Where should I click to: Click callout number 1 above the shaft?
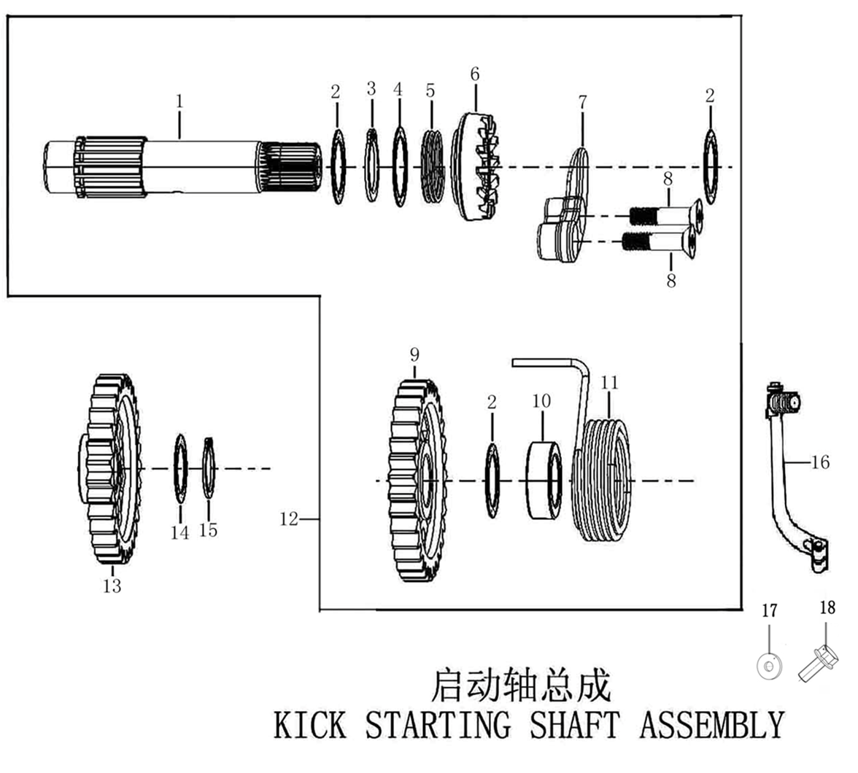point(179,101)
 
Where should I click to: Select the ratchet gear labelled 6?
point(476,167)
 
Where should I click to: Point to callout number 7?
point(582,103)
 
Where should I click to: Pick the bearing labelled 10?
point(544,481)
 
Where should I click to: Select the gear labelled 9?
point(417,481)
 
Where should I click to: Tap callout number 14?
point(179,533)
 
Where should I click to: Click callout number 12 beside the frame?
point(289,518)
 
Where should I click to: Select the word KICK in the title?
point(309,725)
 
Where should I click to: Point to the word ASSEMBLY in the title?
point(711,725)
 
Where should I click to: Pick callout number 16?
point(821,462)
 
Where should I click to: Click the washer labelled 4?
point(399,167)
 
